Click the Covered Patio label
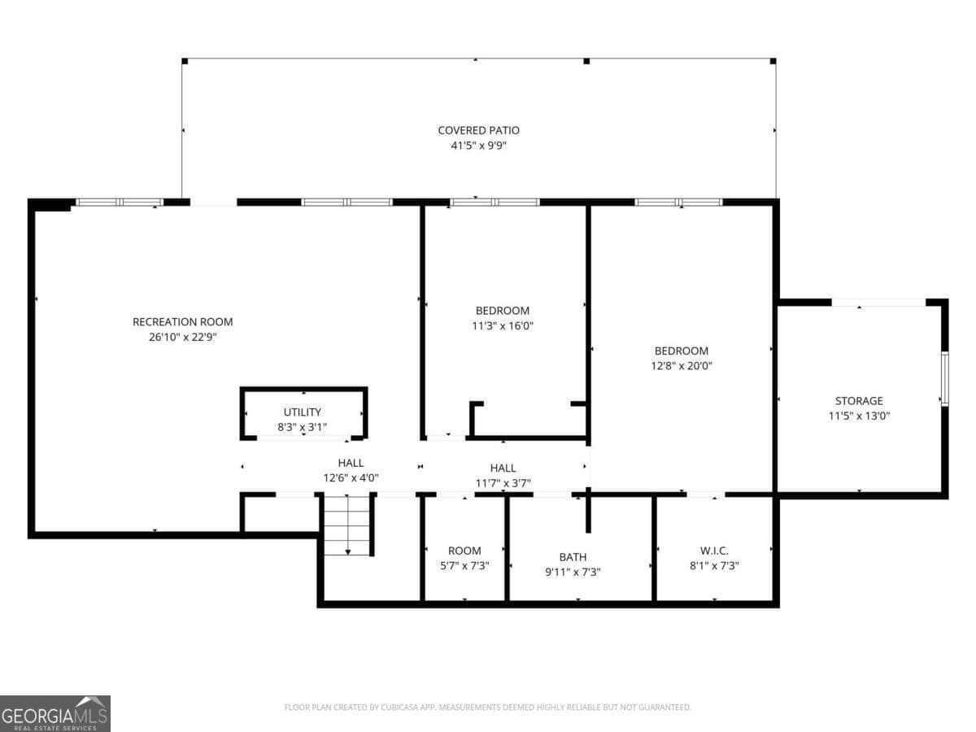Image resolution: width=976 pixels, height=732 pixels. tap(478, 130)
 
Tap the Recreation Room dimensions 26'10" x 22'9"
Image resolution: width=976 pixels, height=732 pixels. tap(177, 337)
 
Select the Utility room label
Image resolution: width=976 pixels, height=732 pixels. tap(302, 412)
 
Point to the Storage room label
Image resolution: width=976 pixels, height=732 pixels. tap(859, 401)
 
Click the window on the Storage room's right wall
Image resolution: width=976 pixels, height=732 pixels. tap(944, 378)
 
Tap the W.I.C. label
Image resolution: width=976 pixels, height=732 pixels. tap(714, 551)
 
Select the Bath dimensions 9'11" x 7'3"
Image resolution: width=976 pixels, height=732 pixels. tap(573, 571)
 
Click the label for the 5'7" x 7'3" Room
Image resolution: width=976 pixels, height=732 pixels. tap(464, 551)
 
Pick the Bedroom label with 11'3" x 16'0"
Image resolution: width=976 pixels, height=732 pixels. tap(502, 311)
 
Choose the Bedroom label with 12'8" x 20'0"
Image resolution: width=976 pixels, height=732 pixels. tap(681, 351)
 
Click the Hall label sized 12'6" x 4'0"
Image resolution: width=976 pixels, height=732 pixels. tap(351, 464)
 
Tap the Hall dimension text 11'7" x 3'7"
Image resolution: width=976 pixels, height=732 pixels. tap(503, 483)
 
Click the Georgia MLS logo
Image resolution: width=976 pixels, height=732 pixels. tap(54, 713)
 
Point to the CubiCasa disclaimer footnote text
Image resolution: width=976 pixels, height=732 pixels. tap(487, 708)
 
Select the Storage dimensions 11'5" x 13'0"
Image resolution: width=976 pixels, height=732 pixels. tap(859, 416)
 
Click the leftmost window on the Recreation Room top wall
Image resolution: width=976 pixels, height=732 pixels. tap(120, 202)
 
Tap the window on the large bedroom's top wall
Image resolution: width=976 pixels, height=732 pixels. tap(678, 202)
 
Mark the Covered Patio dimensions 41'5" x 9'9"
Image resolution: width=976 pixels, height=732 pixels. tap(478, 146)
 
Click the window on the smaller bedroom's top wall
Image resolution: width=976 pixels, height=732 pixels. tap(495, 202)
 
